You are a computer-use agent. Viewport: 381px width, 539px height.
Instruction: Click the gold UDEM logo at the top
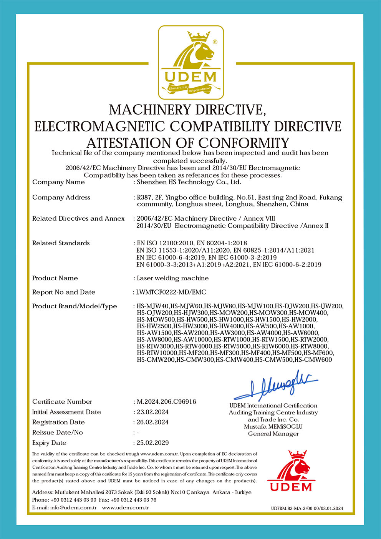tap(191, 63)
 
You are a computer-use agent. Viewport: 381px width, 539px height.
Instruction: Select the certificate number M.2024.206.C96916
tap(166, 402)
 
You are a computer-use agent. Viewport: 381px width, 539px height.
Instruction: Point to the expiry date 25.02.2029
tap(153, 443)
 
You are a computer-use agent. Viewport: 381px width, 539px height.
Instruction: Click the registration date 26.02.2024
tap(153, 422)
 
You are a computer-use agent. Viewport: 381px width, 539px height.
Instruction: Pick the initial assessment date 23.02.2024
tap(153, 412)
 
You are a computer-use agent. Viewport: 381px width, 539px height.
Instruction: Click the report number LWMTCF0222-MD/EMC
tap(171, 292)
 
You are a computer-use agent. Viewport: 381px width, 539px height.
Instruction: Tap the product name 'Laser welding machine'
tap(173, 278)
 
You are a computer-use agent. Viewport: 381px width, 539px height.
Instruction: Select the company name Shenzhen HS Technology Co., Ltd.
tap(189, 182)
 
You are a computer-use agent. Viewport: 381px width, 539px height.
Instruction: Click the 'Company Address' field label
tap(61, 198)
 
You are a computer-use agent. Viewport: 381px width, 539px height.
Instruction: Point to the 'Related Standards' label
tap(61, 243)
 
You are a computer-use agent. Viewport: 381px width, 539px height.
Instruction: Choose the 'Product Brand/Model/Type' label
tap(75, 306)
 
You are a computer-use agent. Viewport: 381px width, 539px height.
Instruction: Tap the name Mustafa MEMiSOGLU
tap(273, 427)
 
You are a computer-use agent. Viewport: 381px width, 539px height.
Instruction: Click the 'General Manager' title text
tap(273, 434)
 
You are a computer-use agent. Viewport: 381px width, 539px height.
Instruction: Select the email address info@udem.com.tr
tap(73, 508)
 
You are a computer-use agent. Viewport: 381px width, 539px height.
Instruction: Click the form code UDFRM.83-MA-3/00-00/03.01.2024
tap(306, 509)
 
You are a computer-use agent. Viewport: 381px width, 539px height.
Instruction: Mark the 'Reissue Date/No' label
tap(57, 433)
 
